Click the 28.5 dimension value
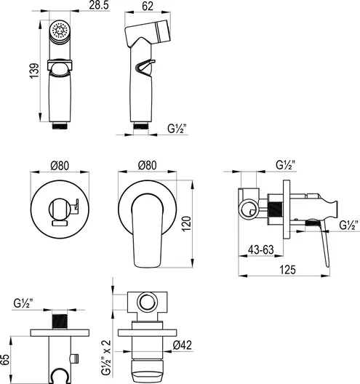(99, 5)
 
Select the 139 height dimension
(34, 71)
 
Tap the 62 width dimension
(148, 6)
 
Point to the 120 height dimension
(186, 223)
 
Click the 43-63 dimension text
(261, 249)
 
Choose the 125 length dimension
(288, 270)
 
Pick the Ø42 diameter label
(183, 345)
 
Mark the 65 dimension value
(5, 359)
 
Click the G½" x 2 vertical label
(106, 358)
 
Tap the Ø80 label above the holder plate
(60, 166)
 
